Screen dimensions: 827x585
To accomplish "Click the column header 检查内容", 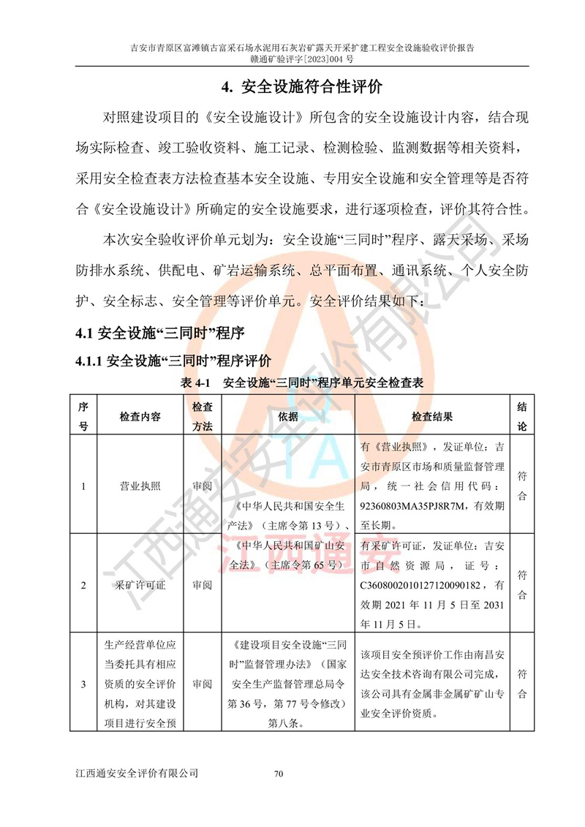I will [x=140, y=416].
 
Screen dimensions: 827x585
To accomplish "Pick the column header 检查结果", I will [x=432, y=416].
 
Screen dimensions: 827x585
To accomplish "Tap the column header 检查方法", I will [x=202, y=416].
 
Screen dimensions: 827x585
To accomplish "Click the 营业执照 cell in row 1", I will [x=140, y=486].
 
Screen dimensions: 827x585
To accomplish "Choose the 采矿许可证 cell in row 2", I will [x=140, y=585].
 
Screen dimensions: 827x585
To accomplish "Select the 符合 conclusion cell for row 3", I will [x=522, y=683].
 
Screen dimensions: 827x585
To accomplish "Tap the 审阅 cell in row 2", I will [x=202, y=585].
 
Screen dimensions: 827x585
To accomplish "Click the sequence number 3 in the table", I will [x=83, y=684].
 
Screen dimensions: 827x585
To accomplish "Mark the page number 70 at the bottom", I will [x=278, y=774].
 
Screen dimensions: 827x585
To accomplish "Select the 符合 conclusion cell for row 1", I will [x=522, y=486].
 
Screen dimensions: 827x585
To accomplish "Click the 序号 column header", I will [x=83, y=416].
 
